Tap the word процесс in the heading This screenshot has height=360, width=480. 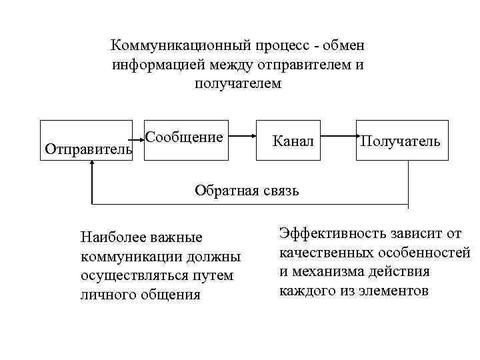point(291,46)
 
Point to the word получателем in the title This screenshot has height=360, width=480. point(239,84)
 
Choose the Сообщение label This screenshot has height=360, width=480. point(184,138)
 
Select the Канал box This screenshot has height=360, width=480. point(293,141)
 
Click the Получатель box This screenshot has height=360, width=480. point(400,141)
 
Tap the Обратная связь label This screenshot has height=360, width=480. point(247,191)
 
